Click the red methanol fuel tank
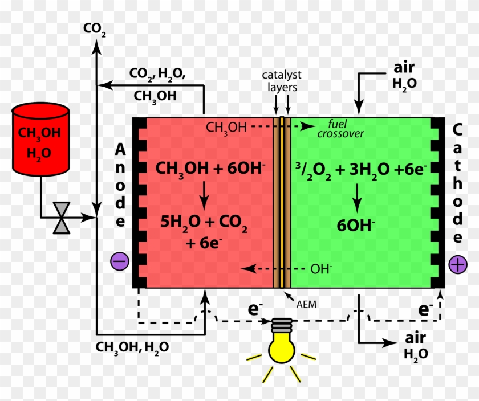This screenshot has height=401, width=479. [x=40, y=140]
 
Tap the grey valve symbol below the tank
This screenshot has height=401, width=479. [x=61, y=217]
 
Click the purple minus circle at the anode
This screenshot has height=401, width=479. [x=120, y=261]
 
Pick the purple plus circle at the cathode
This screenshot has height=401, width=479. [x=457, y=264]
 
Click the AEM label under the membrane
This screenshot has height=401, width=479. [x=306, y=304]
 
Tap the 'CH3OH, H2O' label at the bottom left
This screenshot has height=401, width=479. [x=132, y=347]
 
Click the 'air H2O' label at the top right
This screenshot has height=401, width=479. [x=404, y=75]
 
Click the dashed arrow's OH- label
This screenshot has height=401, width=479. [x=321, y=268]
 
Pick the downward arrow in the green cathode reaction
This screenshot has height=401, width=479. [x=357, y=196]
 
